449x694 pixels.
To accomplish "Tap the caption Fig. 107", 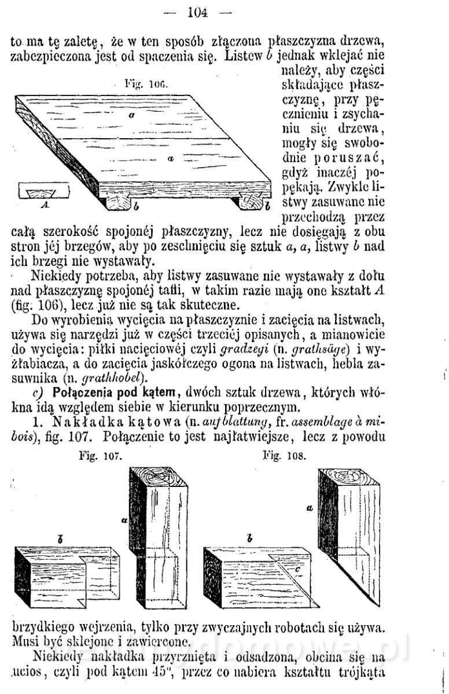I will [x=100, y=456].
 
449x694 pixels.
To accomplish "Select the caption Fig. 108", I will [x=284, y=455].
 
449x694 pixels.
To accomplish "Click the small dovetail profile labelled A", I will [x=45, y=191].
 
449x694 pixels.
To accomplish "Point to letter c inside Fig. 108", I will [x=296, y=569].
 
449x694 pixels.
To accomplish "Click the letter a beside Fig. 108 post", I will [x=310, y=507].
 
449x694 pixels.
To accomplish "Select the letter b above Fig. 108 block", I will [x=249, y=538].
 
